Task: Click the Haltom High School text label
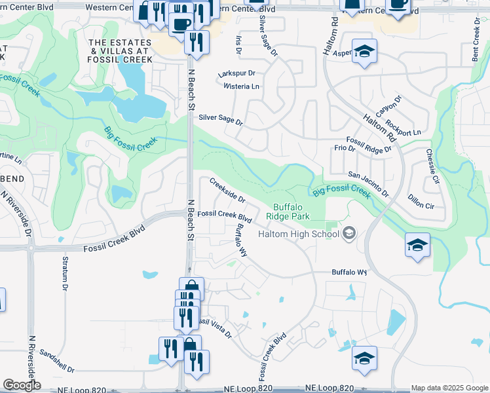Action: point(297,234)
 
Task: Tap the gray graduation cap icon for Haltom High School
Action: point(349,233)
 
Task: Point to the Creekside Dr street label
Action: point(227,190)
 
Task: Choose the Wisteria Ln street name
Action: point(242,86)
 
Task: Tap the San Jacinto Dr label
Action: point(368,185)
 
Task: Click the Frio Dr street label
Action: point(344,149)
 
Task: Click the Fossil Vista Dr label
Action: point(214,327)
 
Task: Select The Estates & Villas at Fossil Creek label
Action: point(122,51)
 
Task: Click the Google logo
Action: point(22,385)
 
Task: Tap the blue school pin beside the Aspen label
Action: point(364,52)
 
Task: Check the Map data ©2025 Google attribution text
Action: point(449,388)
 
